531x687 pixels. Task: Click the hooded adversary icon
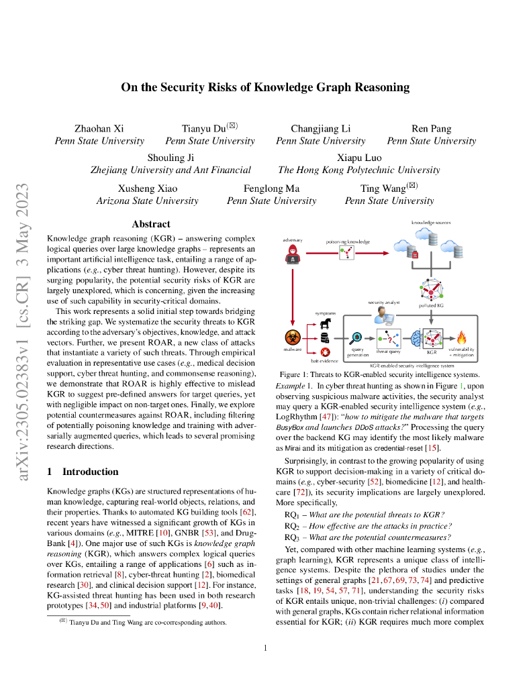coord(293,254)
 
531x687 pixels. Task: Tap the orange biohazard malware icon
coord(293,337)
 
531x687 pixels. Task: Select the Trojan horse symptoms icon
coord(326,323)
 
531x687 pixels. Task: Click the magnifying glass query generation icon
coord(357,337)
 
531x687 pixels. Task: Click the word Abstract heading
coord(151,224)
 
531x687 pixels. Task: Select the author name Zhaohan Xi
coord(99,128)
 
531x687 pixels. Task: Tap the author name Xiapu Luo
coord(358,158)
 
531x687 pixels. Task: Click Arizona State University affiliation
coord(147,201)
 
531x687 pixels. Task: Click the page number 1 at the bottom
coord(266,647)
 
